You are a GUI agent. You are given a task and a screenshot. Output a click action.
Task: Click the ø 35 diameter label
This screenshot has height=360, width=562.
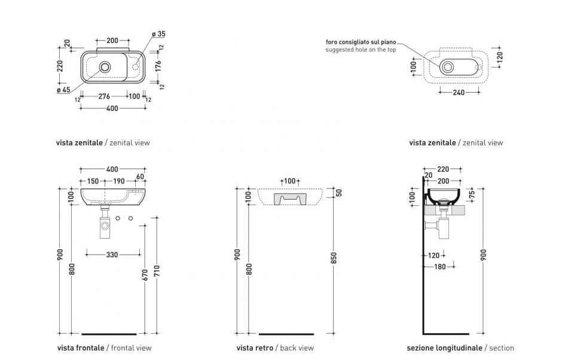[x=158, y=35]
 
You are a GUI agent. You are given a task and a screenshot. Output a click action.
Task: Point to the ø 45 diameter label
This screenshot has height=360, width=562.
[x=63, y=90]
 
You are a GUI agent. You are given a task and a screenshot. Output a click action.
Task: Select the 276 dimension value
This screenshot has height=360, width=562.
[x=104, y=96]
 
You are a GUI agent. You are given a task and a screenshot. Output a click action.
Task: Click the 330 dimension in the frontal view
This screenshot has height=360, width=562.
[x=111, y=255]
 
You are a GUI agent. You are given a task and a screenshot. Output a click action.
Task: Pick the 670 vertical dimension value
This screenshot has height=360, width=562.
[x=144, y=275]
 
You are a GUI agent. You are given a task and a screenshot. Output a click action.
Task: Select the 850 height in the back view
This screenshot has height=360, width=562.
[x=334, y=257]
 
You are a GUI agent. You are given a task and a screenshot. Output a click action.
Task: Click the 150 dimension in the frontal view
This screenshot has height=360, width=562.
[x=92, y=181]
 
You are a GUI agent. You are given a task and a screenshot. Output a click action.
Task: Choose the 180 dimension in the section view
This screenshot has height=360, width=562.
[x=439, y=267]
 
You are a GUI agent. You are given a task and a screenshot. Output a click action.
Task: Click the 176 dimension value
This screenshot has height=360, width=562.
[x=158, y=66]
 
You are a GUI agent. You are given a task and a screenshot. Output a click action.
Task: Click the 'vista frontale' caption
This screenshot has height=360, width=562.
[x=81, y=348]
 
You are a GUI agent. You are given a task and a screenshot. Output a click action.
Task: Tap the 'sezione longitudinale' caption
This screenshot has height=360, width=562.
[x=444, y=348]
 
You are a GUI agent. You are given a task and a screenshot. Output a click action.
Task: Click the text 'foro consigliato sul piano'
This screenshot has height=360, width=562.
[x=361, y=42]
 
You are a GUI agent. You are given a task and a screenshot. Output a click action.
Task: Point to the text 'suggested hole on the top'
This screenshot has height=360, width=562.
[x=361, y=50]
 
